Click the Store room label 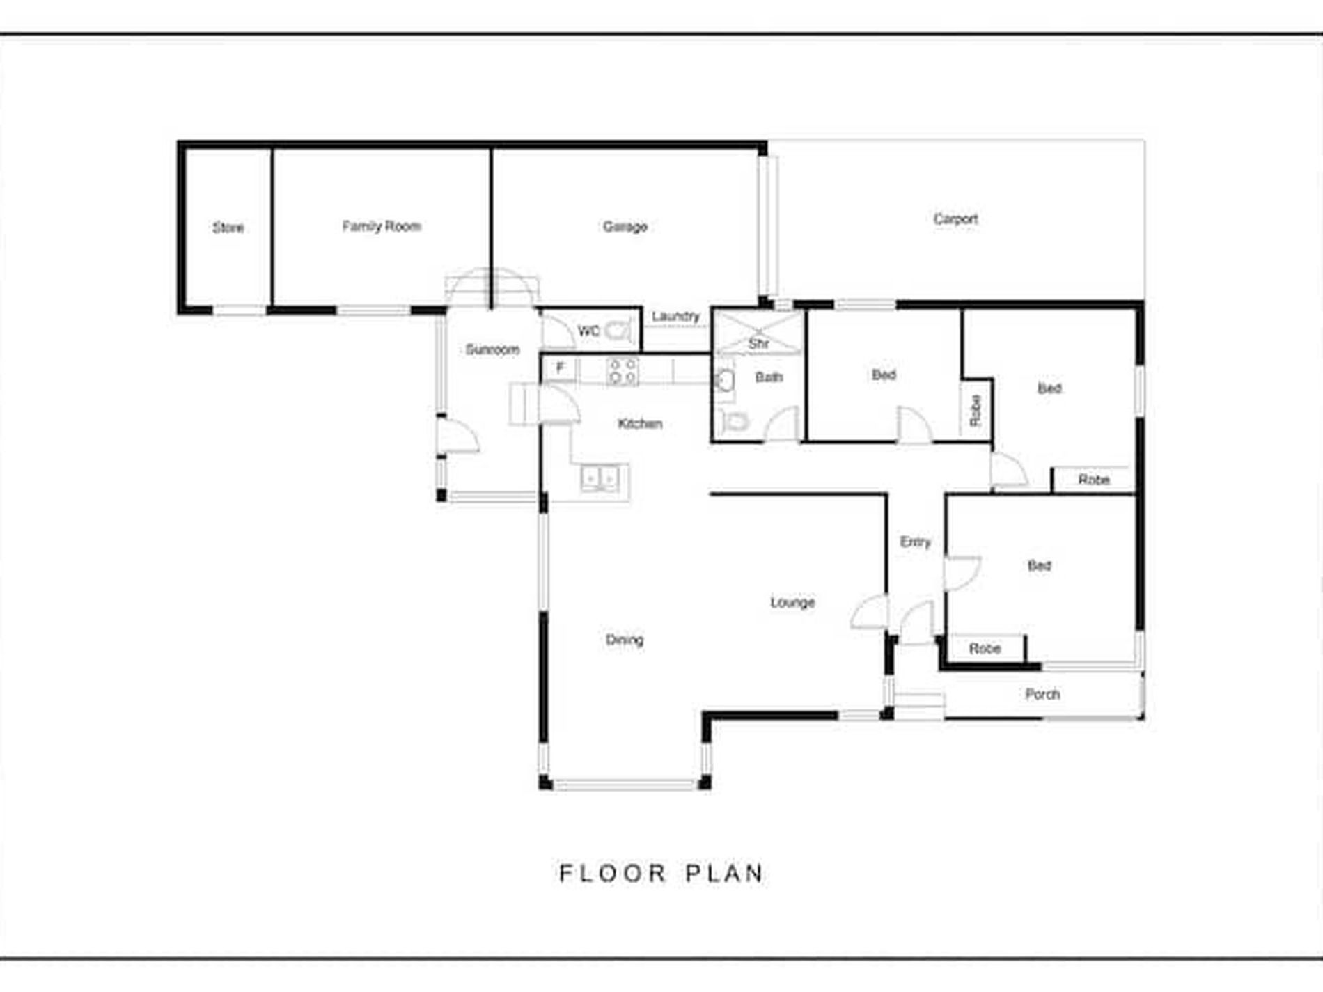click(x=228, y=228)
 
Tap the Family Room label click(x=382, y=226)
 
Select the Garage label click(x=625, y=226)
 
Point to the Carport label click(x=955, y=219)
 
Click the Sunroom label click(x=492, y=349)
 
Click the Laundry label click(x=675, y=316)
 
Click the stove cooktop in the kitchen click(x=623, y=370)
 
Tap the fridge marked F click(x=560, y=368)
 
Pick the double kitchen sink click(x=599, y=479)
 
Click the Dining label click(x=625, y=640)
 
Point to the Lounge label click(x=792, y=602)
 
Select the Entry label click(x=915, y=542)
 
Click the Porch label click(x=1042, y=694)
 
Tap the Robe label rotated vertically click(x=976, y=411)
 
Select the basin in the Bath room click(x=725, y=381)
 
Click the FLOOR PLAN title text click(x=661, y=873)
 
